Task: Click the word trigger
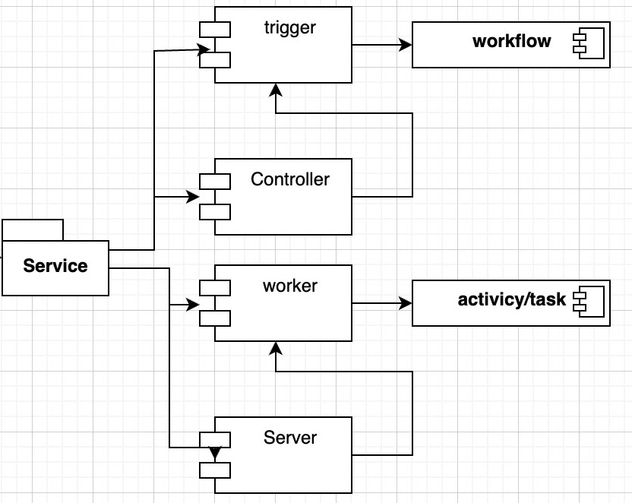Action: coord(290,28)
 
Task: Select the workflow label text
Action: coord(511,41)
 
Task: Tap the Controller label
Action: coord(290,179)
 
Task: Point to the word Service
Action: coord(55,266)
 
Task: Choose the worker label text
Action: coord(290,286)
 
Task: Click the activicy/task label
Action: coord(511,300)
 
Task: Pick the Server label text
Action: coord(290,438)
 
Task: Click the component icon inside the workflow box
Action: coord(589,43)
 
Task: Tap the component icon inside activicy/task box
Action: coord(589,302)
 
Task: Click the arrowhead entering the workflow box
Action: coord(406,45)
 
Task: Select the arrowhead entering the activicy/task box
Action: coord(406,303)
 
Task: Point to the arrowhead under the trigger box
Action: coord(276,90)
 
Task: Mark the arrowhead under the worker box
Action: coord(276,348)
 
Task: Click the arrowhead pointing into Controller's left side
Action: coord(193,197)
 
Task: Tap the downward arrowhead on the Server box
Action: coord(215,454)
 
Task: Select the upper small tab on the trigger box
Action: coord(215,30)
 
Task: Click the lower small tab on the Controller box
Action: coord(215,212)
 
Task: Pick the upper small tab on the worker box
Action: coord(215,288)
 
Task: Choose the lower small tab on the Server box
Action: coord(215,470)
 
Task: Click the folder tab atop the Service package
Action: coord(33,230)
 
